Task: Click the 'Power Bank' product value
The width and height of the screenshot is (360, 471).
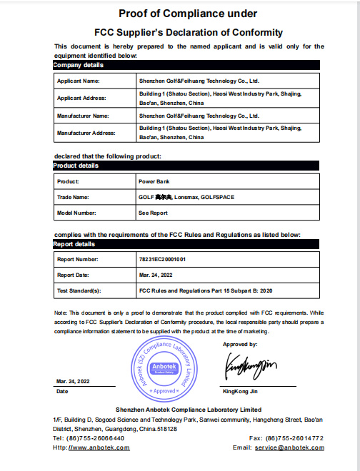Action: (x=154, y=181)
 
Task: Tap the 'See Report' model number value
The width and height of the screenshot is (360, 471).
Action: (x=153, y=213)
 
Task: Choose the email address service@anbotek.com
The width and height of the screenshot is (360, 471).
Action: (x=291, y=447)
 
